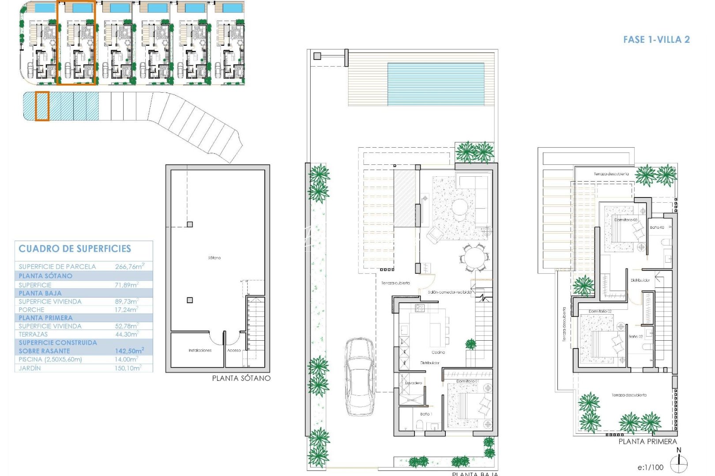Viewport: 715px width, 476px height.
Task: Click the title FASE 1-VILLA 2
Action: [656, 40]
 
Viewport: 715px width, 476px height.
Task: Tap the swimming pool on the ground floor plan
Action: [436, 84]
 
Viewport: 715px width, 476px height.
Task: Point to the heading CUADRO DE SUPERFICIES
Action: [75, 249]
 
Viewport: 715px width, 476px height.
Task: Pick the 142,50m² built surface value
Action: [129, 351]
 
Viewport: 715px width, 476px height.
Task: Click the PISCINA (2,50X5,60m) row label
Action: [50, 359]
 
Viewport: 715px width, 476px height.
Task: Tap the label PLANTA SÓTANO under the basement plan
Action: [241, 378]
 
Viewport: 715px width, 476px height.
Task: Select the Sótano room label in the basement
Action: [214, 257]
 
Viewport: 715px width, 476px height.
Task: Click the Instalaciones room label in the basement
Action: [200, 350]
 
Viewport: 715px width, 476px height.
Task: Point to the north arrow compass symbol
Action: [678, 464]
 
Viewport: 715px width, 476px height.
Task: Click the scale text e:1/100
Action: [650, 468]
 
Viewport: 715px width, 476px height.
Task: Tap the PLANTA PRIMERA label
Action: [647, 442]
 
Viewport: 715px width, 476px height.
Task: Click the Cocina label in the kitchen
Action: [438, 352]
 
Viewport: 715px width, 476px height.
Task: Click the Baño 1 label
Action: [426, 414]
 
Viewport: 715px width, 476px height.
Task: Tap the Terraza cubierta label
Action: [395, 283]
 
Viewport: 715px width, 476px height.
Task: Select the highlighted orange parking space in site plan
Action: [42, 106]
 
